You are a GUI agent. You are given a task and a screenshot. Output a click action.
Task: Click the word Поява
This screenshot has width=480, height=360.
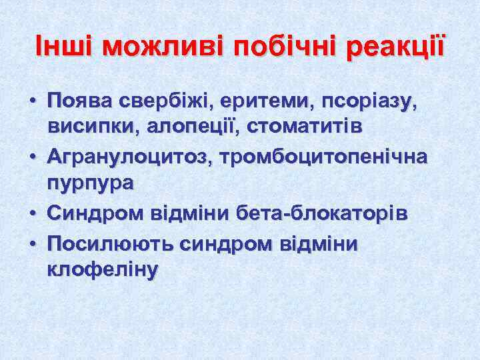click(80, 101)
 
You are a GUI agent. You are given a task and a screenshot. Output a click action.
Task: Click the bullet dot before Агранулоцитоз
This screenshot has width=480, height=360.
click(31, 157)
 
